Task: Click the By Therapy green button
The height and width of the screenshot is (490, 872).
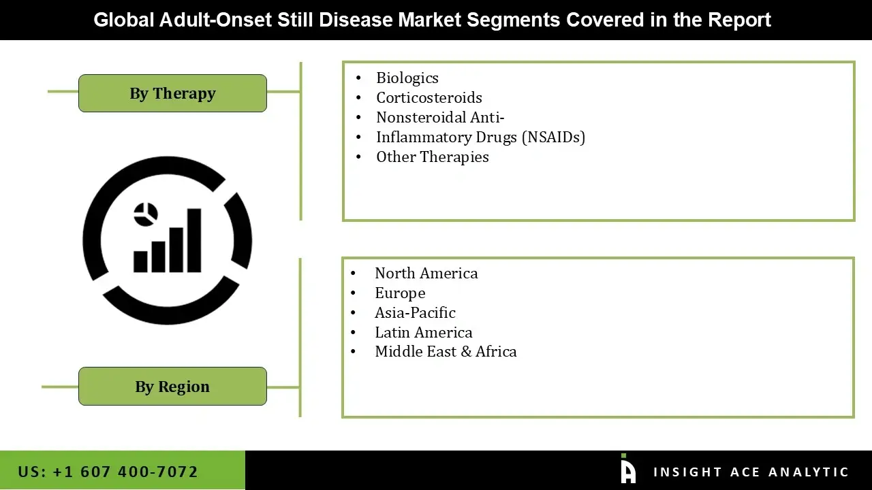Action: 172,93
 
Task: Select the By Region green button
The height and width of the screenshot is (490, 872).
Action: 172,387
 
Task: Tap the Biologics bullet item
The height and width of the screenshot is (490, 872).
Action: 407,78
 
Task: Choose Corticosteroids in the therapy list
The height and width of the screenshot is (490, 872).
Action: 429,98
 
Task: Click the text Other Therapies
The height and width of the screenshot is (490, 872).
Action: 432,157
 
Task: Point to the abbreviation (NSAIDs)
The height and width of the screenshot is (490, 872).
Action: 553,137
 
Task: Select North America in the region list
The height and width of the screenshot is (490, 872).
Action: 426,274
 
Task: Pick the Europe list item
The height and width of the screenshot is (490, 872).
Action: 400,293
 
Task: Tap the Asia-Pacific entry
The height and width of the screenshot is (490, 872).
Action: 415,313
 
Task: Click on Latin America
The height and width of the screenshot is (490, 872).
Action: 423,333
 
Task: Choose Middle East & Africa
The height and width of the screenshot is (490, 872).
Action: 446,352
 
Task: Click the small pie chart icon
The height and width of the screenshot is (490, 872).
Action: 145,214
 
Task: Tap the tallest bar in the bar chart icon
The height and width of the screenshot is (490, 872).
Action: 193,240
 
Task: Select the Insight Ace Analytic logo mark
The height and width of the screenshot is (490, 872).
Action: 628,470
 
